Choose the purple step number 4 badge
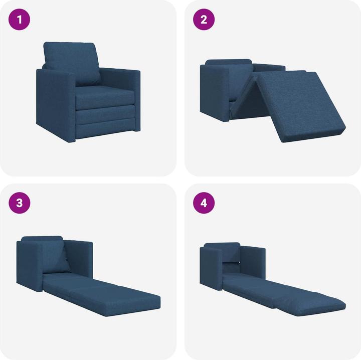coord(204,203)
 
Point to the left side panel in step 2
coord(214,93)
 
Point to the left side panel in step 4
coord(211,271)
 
